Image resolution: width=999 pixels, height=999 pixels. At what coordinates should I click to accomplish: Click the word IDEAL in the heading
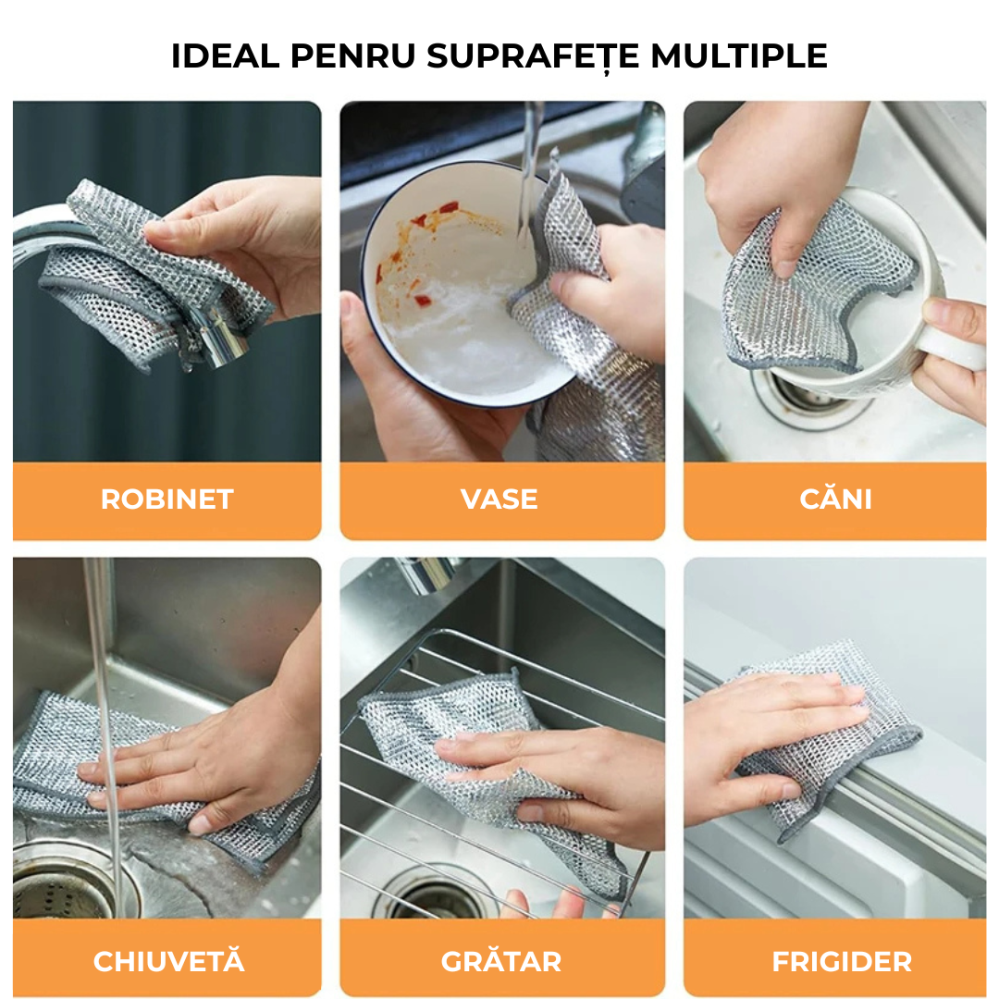point(226,56)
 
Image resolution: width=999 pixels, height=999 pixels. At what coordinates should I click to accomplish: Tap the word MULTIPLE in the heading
point(738,56)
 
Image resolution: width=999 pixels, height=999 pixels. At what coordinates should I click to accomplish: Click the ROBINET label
point(166,499)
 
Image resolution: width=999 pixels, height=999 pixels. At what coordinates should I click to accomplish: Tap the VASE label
point(499,499)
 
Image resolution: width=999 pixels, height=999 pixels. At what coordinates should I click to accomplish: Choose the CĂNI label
point(835,497)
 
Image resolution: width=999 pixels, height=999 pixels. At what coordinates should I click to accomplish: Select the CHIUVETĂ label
point(169,959)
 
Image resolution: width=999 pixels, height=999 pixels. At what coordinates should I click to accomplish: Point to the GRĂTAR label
point(500,959)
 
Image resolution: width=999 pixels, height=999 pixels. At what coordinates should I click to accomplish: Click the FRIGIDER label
point(842,962)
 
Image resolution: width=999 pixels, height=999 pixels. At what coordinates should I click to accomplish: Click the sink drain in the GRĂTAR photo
point(439,895)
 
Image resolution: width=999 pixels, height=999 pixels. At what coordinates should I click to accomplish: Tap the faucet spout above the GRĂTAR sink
point(426,573)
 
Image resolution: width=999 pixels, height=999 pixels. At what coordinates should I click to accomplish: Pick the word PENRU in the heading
point(353,56)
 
